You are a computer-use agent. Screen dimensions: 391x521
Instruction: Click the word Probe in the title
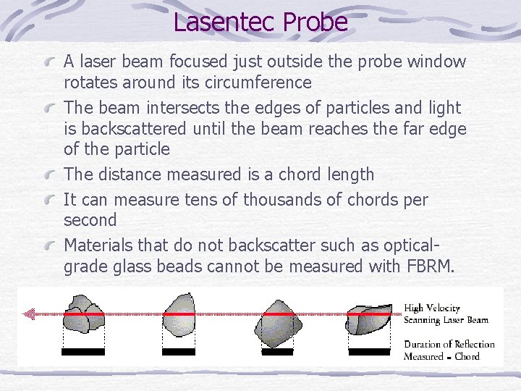[315, 22]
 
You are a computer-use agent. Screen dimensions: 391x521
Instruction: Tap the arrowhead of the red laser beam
[29, 314]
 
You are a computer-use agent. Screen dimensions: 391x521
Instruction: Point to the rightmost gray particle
[372, 317]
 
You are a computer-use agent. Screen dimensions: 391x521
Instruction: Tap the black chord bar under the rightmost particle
[370, 352]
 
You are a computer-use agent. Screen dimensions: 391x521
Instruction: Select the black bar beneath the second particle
[179, 352]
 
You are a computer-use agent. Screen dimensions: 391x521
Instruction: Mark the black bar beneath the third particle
[276, 352]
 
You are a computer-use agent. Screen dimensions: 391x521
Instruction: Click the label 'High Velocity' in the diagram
[432, 308]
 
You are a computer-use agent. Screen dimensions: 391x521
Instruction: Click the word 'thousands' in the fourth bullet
[278, 198]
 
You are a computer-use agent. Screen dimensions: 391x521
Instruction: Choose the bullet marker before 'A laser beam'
[51, 62]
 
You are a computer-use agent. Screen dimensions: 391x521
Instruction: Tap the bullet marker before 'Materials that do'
[51, 245]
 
